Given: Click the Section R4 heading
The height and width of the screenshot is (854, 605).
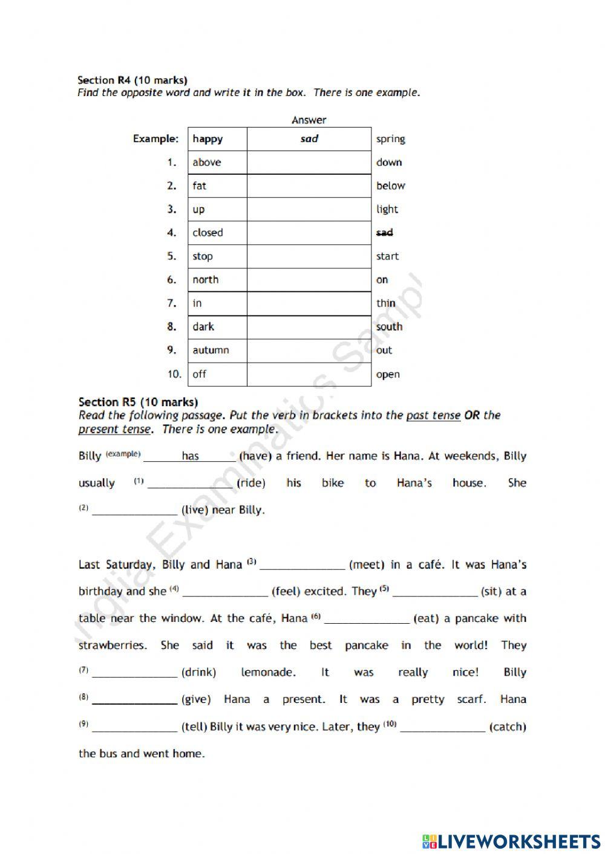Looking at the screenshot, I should point(132,80).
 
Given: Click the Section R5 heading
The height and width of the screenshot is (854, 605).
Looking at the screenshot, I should point(138,402).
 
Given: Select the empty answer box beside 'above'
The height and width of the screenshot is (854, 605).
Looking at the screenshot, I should point(309,163).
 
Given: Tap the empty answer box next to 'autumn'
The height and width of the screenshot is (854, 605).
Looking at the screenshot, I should point(309,351).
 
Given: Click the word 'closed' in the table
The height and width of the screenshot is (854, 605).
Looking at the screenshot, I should point(208,233).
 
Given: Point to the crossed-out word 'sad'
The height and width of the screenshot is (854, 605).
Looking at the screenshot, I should point(384,233).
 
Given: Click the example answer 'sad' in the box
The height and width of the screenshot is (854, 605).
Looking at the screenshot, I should point(309,139).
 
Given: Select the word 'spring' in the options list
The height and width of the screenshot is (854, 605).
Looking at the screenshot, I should point(390,139).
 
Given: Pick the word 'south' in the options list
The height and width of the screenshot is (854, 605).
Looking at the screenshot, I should point(389,327).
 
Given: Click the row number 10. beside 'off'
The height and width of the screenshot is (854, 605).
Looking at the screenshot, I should point(174,374).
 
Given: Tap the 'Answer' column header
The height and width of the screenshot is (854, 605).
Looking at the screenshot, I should point(309,120).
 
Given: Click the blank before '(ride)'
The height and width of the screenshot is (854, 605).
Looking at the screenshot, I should point(190,483).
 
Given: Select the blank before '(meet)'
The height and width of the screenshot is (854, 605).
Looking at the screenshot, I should point(302,564).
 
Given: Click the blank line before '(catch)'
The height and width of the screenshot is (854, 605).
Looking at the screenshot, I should point(442,726).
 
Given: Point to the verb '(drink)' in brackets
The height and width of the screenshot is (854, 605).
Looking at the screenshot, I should point(198,672).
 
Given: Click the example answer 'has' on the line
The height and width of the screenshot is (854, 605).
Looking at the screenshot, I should point(190,456).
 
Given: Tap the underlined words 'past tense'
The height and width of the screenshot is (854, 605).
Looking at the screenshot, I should point(433,415).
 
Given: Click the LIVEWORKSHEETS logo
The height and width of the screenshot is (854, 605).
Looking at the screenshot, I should point(511,841).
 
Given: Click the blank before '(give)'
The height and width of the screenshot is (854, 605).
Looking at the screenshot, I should point(134,699).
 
